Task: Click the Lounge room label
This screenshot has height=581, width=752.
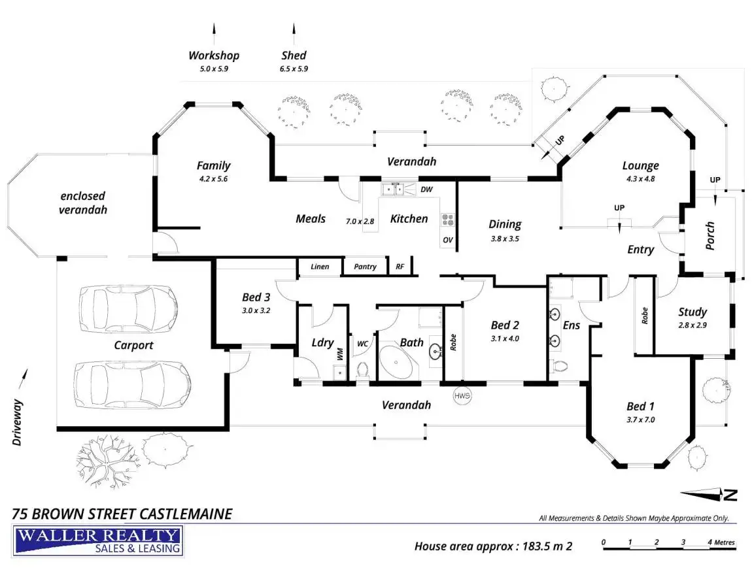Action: pos(640,166)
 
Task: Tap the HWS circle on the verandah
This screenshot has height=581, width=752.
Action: pos(462,395)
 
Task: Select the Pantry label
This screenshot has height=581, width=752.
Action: pos(365,267)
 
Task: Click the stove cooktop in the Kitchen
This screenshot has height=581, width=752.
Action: pos(447,220)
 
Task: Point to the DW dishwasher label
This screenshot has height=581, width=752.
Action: pos(426,190)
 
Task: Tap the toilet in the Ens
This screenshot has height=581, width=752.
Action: pos(558,366)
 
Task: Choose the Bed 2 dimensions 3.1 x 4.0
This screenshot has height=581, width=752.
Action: pos(505,339)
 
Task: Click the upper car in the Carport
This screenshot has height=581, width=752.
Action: pos(128,308)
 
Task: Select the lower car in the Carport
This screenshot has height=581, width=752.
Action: pos(132,384)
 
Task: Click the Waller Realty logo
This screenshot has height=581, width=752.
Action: pos(98,541)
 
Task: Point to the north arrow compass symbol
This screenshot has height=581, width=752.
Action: pos(708,494)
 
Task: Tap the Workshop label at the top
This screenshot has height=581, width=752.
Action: pos(214,56)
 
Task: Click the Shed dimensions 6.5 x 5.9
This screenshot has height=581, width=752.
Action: pos(294,69)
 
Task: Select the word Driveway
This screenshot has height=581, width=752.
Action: pos(18,422)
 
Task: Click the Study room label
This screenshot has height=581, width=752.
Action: pos(692,312)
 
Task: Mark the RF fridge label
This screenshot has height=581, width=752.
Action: pos(400,267)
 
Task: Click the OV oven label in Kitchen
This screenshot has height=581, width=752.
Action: pos(447,240)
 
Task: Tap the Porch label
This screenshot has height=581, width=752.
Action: pos(710,235)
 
